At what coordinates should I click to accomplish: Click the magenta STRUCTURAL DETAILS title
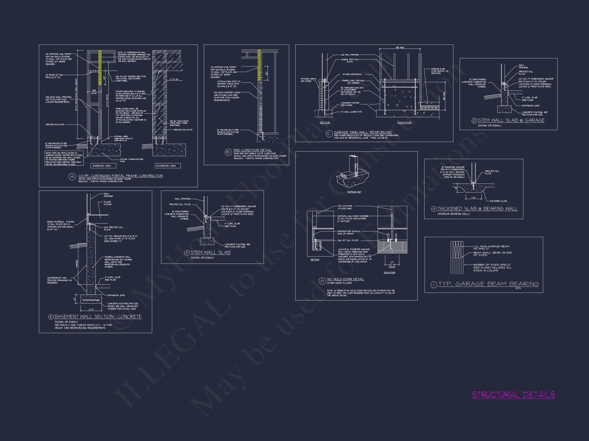pyautogui.click(x=513, y=395)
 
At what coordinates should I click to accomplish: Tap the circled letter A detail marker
pyautogui.click(x=72, y=177)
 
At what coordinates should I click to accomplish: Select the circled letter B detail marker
pyautogui.click(x=228, y=152)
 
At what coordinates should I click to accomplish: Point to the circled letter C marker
pyautogui.click(x=329, y=134)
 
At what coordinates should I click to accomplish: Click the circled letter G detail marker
pyautogui.click(x=322, y=281)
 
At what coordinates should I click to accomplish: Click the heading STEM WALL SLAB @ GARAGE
pyautogui.click(x=511, y=120)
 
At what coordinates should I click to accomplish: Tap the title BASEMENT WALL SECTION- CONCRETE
pyautogui.click(x=98, y=317)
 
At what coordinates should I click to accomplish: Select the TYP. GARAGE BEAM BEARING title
pyautogui.click(x=488, y=284)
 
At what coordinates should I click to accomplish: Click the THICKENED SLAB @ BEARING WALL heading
pyautogui.click(x=478, y=209)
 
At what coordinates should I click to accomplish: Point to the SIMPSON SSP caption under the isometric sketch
pyautogui.click(x=354, y=192)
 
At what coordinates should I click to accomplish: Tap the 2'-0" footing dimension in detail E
pyautogui.click(x=91, y=309)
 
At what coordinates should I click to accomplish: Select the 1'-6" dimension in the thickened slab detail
pyautogui.click(x=473, y=198)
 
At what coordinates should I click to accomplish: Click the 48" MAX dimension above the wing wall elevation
pyautogui.click(x=400, y=47)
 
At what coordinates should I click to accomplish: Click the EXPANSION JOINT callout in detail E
pyautogui.click(x=116, y=295)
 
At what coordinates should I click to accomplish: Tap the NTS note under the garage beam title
pyautogui.click(x=518, y=288)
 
